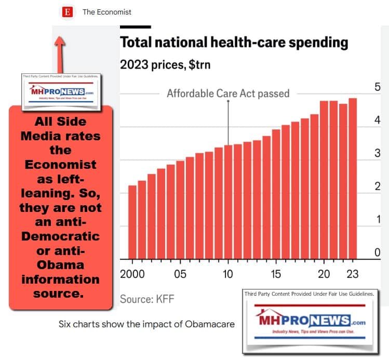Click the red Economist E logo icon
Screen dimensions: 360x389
pyautogui.click(x=67, y=11)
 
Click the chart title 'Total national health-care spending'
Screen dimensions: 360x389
pyautogui.click(x=234, y=42)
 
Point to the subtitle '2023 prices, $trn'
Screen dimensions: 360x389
pyautogui.click(x=165, y=65)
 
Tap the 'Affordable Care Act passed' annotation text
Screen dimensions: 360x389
pyautogui.click(x=227, y=94)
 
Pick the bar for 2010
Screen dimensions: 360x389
pyautogui.click(x=228, y=202)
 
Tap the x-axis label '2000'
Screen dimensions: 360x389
pyautogui.click(x=132, y=274)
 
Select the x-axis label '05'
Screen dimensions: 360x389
pyautogui.click(x=180, y=274)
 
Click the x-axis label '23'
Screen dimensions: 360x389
pyautogui.click(x=352, y=274)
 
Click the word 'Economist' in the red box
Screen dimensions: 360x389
pyautogui.click(x=61, y=165)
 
